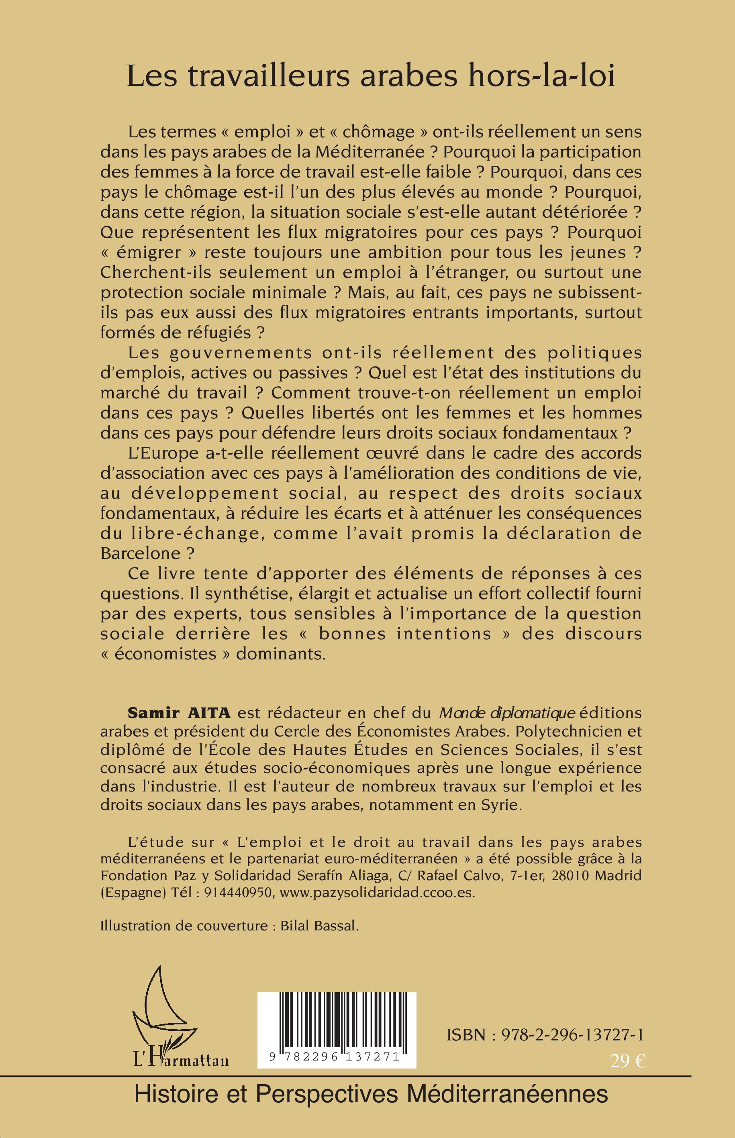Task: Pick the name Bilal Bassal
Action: click(319, 926)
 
